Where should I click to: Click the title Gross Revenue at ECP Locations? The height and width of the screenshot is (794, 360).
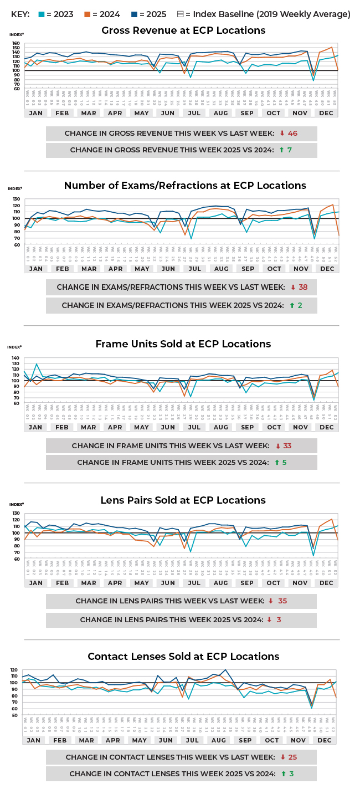click(183, 30)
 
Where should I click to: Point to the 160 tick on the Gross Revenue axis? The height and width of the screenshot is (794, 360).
click(16, 44)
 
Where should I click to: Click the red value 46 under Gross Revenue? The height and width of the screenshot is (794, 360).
click(292, 134)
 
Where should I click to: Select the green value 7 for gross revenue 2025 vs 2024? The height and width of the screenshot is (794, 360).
click(289, 150)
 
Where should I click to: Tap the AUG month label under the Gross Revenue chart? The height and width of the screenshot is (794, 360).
click(220, 113)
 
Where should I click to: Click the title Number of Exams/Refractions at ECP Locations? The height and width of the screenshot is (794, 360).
click(184, 185)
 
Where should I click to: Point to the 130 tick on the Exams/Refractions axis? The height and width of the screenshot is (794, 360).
click(16, 199)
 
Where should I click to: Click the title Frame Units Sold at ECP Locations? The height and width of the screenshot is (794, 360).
click(183, 344)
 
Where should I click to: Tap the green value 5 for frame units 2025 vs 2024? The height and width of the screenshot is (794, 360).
click(284, 462)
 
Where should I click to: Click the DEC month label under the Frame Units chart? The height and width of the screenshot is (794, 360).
click(326, 427)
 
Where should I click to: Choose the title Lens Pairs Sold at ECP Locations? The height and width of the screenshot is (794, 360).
click(183, 500)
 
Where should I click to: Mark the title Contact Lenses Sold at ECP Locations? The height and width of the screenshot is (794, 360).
click(183, 657)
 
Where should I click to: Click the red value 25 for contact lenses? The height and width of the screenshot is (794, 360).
click(292, 757)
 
